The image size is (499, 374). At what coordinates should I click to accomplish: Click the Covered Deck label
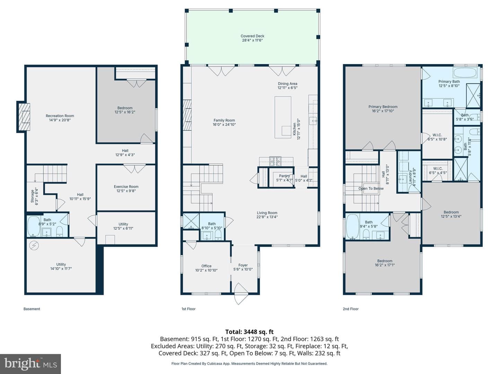252,36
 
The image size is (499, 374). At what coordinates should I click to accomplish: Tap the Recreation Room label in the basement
60,116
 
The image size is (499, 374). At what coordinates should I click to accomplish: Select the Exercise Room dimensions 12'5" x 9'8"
126,191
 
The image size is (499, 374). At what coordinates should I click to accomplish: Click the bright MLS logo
30,364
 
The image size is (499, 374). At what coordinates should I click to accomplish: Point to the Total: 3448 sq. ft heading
249,332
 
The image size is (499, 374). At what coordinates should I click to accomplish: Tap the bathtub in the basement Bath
34,226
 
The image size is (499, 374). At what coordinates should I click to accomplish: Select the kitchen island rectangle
283,117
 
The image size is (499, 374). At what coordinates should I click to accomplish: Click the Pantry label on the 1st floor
284,176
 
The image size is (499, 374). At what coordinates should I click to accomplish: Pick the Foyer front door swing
240,293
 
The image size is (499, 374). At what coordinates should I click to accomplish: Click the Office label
207,266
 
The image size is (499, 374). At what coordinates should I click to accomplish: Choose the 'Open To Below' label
371,188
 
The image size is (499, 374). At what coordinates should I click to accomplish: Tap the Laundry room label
410,177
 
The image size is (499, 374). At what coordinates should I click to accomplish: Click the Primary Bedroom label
383,107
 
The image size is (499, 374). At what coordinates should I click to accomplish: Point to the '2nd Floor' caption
351,309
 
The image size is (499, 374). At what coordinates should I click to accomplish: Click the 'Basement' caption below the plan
32,309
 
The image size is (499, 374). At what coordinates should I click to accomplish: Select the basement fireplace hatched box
24,117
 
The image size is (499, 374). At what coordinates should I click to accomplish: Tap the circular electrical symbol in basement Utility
34,245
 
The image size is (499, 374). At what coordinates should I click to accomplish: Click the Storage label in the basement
32,196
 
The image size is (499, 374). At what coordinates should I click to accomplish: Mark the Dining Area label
287,83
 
